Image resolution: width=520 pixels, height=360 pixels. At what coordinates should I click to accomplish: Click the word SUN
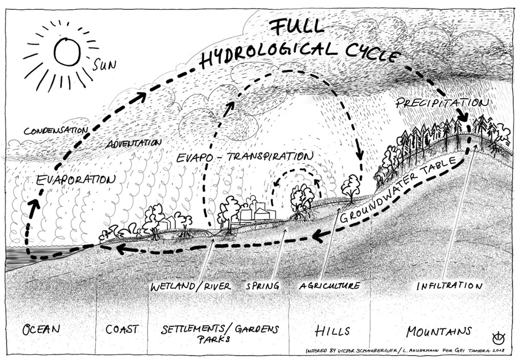(x=104, y=64)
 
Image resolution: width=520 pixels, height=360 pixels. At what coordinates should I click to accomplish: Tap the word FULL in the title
(x=296, y=27)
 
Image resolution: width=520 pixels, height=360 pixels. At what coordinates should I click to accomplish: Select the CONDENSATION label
(x=56, y=131)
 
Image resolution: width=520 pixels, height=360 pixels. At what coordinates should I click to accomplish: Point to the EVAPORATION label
(x=76, y=180)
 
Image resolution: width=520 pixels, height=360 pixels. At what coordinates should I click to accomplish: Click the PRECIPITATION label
(x=442, y=103)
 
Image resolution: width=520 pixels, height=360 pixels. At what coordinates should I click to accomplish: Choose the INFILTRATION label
(x=450, y=286)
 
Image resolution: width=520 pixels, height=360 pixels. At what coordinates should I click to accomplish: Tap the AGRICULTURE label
(x=330, y=285)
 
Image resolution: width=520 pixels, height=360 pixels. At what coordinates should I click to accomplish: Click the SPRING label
(x=262, y=286)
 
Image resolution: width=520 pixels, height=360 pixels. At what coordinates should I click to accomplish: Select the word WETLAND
(x=173, y=286)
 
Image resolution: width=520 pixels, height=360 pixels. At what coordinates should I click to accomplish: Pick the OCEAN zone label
(x=41, y=330)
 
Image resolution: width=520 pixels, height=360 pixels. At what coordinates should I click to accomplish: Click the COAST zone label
(x=122, y=329)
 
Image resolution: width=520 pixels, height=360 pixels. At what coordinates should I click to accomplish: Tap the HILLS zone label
(x=332, y=330)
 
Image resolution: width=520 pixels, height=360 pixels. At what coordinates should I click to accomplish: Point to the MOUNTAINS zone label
(x=439, y=331)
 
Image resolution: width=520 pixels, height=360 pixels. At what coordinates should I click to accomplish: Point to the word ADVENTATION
(x=133, y=143)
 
